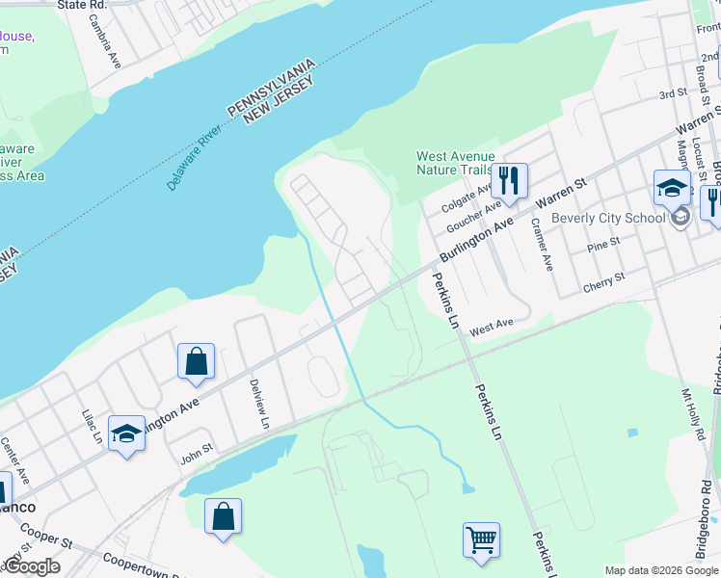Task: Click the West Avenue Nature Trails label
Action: (455, 164)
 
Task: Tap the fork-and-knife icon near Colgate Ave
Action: (508, 180)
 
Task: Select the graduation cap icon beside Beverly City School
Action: (672, 188)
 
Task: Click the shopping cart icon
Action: (481, 539)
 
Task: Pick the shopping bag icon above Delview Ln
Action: (196, 362)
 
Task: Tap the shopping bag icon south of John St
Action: (223, 515)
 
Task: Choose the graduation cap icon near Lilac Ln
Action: (126, 433)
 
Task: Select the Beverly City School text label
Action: (608, 217)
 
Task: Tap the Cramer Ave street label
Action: (542, 245)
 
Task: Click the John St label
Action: (196, 453)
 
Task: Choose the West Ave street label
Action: (491, 328)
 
